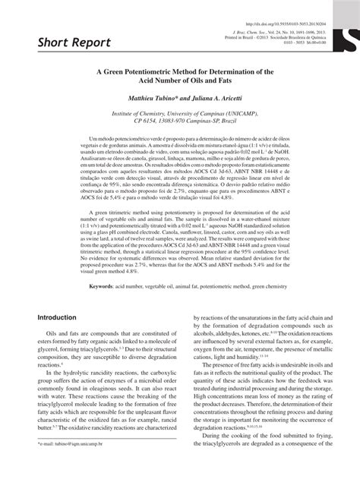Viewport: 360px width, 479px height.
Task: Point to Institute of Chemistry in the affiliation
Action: click(142, 117)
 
